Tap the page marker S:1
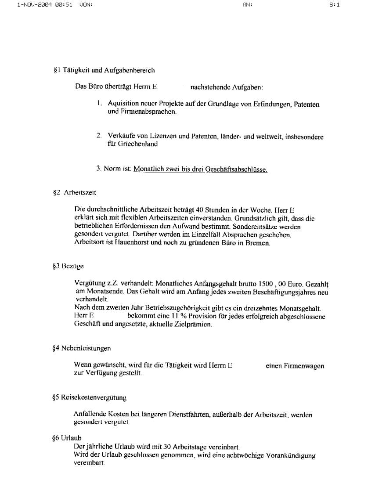[335, 5]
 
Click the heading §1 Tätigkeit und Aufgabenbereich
[104, 70]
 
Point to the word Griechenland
[137, 144]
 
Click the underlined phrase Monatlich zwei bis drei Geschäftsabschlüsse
[200, 169]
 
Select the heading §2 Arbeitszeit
[74, 192]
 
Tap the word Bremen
[258, 242]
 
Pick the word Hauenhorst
[132, 242]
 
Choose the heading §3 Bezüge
[68, 266]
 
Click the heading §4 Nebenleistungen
[81, 348]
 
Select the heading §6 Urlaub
[67, 438]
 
